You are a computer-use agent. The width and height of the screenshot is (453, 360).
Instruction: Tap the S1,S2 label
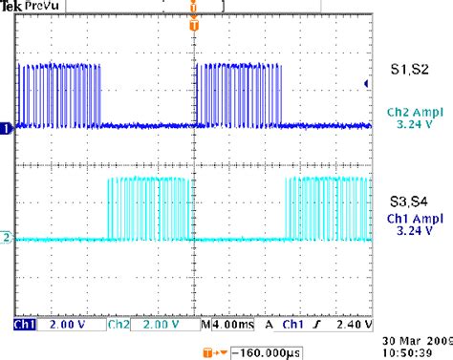[x=410, y=70]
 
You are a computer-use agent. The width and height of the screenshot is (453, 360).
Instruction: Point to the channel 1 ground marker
[x=7, y=127]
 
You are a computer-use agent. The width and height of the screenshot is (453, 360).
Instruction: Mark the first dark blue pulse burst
[x=59, y=95]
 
